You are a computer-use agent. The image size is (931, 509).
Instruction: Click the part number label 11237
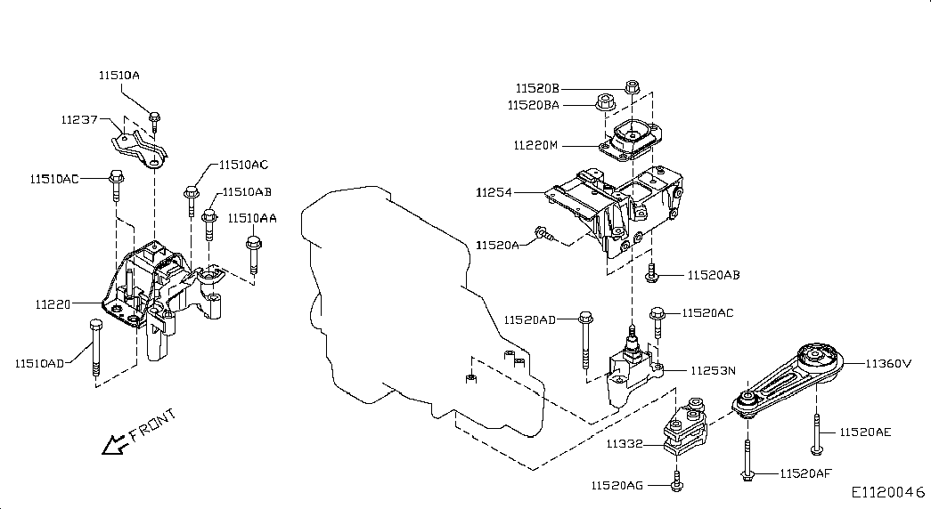click(79, 119)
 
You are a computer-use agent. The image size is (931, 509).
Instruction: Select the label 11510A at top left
click(119, 76)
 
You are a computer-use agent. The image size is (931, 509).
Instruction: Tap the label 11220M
click(535, 145)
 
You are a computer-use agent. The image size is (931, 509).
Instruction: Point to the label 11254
click(494, 192)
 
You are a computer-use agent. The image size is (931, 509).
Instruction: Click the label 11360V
click(887, 363)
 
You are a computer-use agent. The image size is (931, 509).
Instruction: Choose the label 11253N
click(713, 371)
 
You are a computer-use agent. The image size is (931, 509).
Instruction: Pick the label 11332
click(625, 444)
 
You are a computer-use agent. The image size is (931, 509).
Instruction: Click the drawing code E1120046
click(888, 492)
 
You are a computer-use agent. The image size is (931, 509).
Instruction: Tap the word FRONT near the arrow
click(153, 425)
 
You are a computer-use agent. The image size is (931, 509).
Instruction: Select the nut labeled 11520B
click(632, 86)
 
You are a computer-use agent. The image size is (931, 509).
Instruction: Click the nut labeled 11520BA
click(604, 102)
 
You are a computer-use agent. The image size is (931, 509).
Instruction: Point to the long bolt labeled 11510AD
click(95, 348)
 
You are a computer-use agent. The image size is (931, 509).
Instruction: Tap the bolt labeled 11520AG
click(676, 481)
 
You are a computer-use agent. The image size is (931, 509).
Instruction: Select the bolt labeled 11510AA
click(254, 254)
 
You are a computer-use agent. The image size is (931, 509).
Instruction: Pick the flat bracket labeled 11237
click(140, 149)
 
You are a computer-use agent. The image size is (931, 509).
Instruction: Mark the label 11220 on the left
click(53, 304)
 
